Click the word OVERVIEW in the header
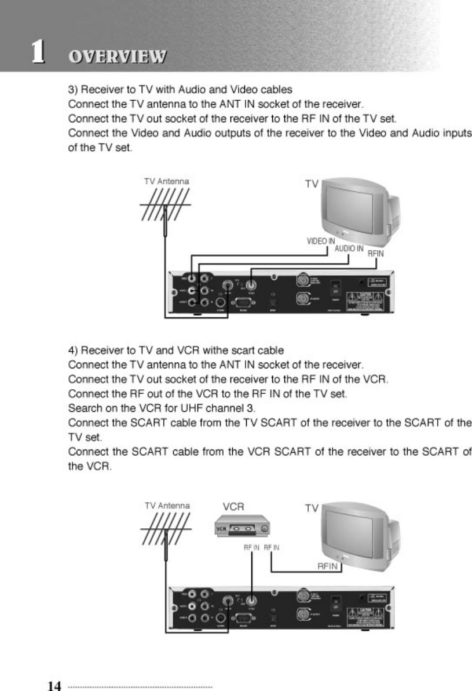(x=117, y=57)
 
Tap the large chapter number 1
(x=39, y=53)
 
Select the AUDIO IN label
(x=349, y=248)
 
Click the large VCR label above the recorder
(x=233, y=506)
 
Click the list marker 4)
(x=74, y=351)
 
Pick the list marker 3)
(x=74, y=90)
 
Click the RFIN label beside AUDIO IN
(x=376, y=253)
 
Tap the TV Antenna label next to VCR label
(x=167, y=506)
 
